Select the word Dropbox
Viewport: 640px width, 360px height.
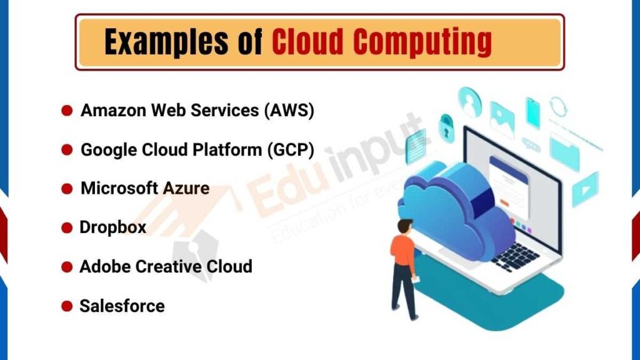(x=112, y=227)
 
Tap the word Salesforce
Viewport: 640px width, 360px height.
(x=122, y=306)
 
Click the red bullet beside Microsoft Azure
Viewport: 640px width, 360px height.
(x=67, y=189)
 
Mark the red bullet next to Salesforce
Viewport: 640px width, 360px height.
(x=67, y=307)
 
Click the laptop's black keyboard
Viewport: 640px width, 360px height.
(x=515, y=256)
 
